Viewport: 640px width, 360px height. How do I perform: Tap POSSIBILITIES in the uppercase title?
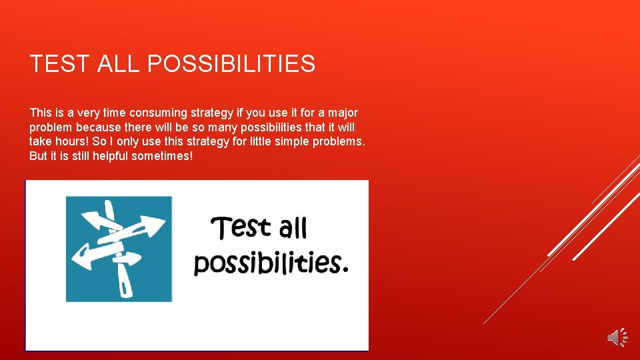231,64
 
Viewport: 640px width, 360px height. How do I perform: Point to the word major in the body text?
342,113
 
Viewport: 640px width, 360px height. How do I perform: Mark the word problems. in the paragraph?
342,141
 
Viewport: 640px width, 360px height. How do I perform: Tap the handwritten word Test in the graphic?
241,227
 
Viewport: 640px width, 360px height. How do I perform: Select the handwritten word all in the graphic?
293,229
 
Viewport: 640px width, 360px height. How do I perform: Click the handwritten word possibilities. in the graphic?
270,262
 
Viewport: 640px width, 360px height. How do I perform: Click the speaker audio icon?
617,337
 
